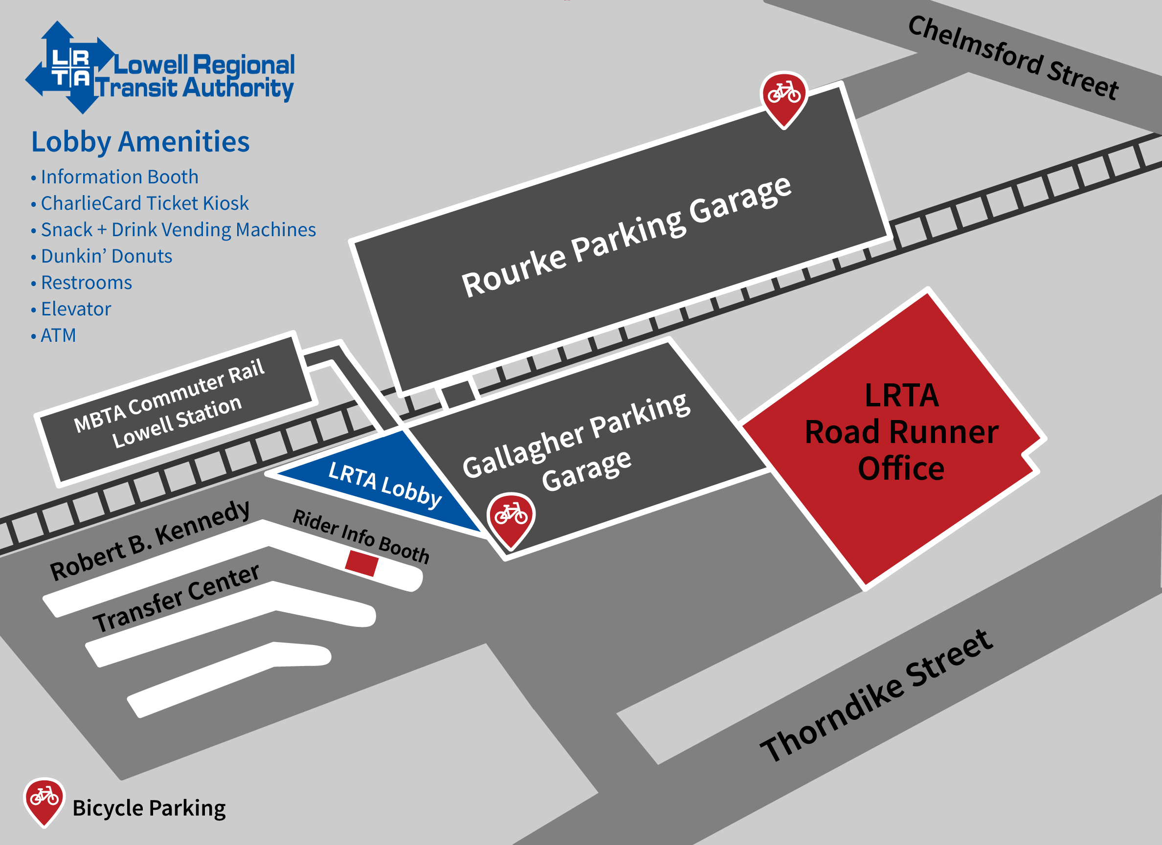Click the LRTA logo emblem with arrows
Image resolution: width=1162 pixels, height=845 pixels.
[x=70, y=67]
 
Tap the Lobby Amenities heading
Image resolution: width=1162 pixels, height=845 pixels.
[x=140, y=142]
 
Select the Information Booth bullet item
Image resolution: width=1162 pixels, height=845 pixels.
[x=119, y=177]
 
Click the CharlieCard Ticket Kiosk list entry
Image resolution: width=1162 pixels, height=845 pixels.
[x=144, y=203]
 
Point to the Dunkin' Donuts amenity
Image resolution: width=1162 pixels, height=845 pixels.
[x=106, y=256]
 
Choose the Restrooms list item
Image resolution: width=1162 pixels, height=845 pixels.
[x=86, y=283]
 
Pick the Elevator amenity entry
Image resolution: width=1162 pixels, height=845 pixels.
[x=76, y=309]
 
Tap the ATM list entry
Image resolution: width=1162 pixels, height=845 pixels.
[x=58, y=335]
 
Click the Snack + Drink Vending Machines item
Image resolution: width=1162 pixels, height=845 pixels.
[x=178, y=229]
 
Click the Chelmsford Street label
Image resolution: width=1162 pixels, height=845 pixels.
[x=1013, y=57]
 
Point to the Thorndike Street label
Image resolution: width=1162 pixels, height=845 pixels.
[x=876, y=695]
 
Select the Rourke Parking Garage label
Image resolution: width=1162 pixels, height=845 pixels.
[x=626, y=237]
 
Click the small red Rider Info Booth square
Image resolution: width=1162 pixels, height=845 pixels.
[x=362, y=563]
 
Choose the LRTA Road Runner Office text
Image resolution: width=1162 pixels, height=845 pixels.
[x=901, y=432]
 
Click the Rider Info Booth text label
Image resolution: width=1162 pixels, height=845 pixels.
[x=361, y=536]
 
